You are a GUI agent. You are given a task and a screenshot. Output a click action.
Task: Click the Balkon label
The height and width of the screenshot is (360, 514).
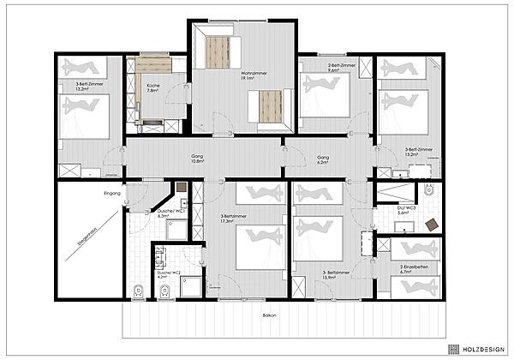point(270,315)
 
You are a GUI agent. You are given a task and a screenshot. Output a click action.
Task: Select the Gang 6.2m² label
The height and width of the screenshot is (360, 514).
point(323,159)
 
